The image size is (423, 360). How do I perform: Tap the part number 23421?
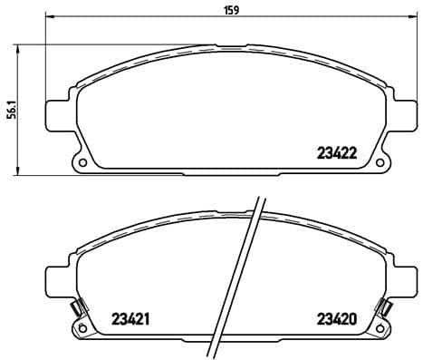(x=130, y=318)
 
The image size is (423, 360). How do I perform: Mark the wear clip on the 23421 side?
(x=79, y=307)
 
